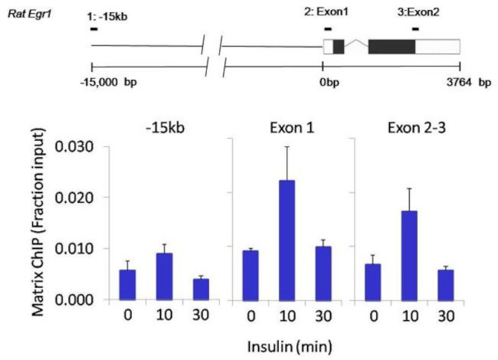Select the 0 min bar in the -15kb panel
(128, 284)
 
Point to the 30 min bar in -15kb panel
(201, 289)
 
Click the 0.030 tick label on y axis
(82, 146)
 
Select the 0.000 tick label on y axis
(82, 299)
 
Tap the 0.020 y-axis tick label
(82, 198)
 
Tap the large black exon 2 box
(392, 46)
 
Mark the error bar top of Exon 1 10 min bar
(286, 147)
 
